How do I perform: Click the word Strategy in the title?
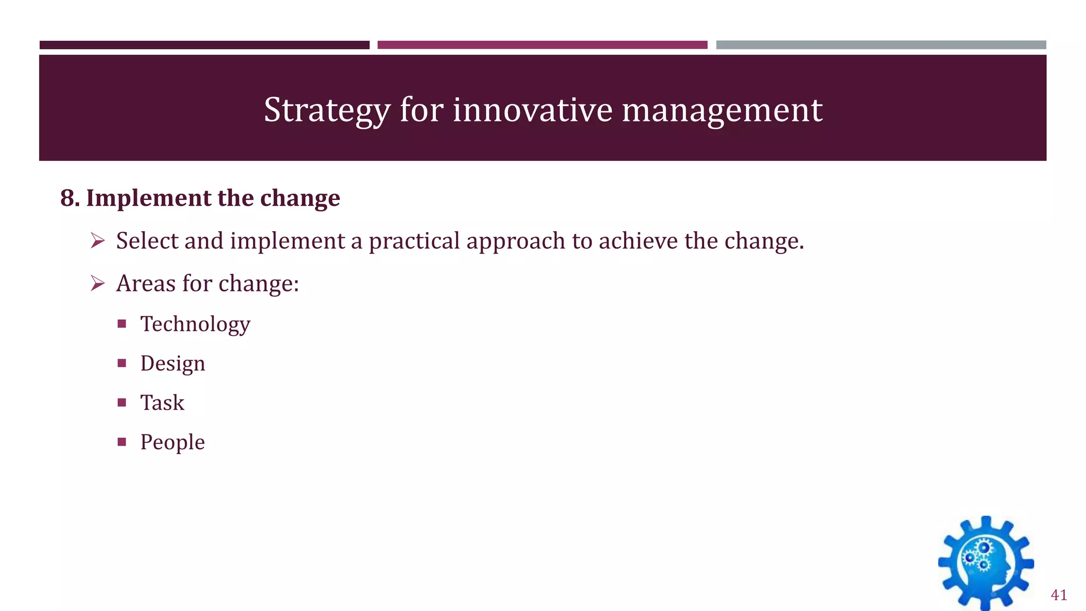click(x=327, y=110)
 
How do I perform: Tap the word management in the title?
click(x=722, y=110)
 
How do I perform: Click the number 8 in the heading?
click(x=67, y=198)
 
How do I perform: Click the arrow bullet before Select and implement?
click(x=98, y=241)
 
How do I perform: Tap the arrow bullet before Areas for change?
click(x=98, y=284)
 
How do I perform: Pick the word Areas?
click(x=146, y=283)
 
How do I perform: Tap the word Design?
click(x=172, y=364)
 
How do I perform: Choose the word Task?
click(x=162, y=403)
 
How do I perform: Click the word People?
click(x=172, y=442)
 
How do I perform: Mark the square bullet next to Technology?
click(x=122, y=324)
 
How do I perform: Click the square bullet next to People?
click(x=122, y=442)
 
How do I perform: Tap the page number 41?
click(x=1058, y=595)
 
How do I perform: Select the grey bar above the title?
click(x=881, y=45)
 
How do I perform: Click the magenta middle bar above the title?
click(x=542, y=45)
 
